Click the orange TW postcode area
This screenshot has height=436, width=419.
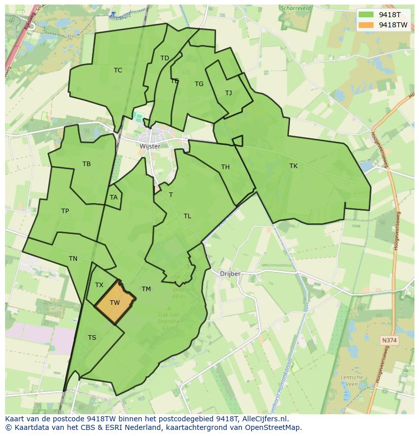pyautogui.click(x=115, y=302)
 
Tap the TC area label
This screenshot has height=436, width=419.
pyautogui.click(x=118, y=70)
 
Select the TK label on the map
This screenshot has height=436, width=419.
pyautogui.click(x=294, y=166)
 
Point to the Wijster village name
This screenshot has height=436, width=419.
pyautogui.click(x=150, y=146)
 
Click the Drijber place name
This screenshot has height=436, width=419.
pyautogui.click(x=230, y=274)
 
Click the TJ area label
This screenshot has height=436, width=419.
pyautogui.click(x=228, y=93)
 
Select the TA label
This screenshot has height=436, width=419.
pyautogui.click(x=113, y=197)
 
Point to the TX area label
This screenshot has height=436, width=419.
pyautogui.click(x=99, y=285)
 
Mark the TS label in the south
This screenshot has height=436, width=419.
pyautogui.click(x=92, y=338)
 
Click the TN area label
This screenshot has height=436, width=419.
pyautogui.click(x=73, y=259)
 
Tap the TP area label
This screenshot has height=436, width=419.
pyautogui.click(x=65, y=211)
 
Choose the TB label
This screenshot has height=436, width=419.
pyautogui.click(x=87, y=164)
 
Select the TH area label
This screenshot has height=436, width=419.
pyautogui.click(x=225, y=167)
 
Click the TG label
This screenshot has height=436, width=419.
pyautogui.click(x=199, y=84)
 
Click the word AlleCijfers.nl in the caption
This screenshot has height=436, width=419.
pyautogui.click(x=265, y=419)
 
